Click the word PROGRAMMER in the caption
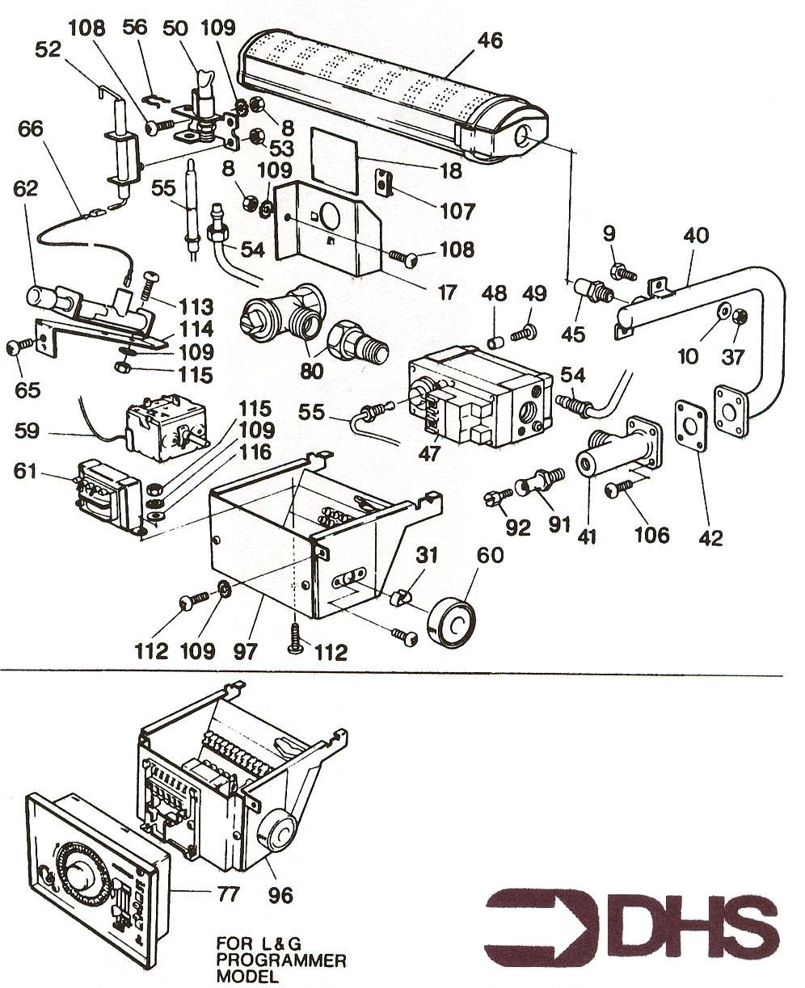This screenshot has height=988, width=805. (281, 961)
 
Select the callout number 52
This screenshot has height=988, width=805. (48, 49)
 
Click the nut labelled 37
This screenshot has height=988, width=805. (740, 317)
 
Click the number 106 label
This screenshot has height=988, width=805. (653, 534)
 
